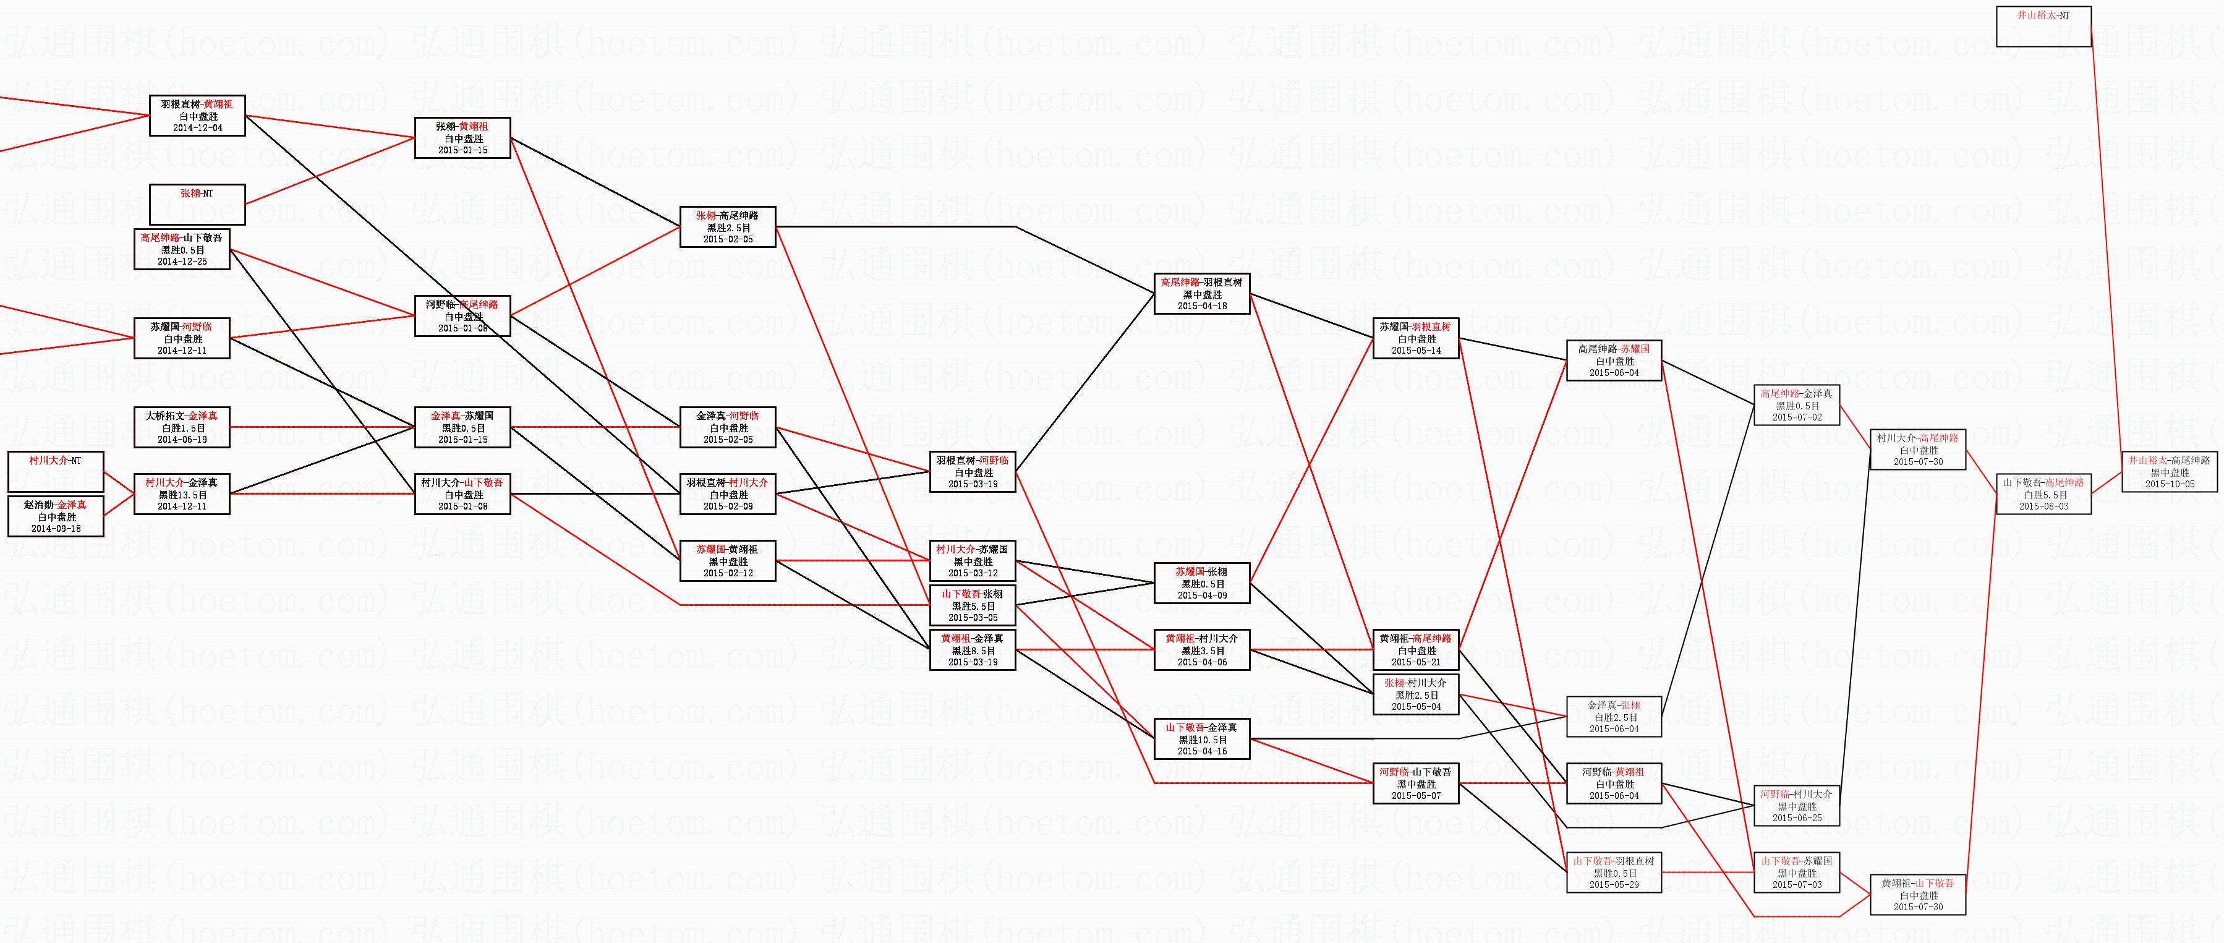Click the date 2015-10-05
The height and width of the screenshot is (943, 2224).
point(2169,484)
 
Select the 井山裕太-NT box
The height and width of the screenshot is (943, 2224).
point(2043,26)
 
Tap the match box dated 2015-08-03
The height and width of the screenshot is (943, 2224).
point(2043,494)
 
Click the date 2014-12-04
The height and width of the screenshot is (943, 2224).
point(198,128)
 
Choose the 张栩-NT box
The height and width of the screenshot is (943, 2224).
point(198,204)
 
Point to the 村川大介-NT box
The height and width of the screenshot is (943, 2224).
point(55,471)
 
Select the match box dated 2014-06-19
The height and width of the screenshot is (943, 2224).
point(182,427)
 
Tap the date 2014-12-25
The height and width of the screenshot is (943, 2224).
point(182,262)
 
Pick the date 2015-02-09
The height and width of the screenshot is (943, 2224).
point(728,506)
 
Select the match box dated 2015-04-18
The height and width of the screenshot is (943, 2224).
point(1202,294)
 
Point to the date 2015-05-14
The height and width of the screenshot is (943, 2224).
point(1416,351)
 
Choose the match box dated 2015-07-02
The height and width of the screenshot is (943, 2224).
point(1797,405)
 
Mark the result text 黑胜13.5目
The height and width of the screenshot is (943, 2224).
point(182,495)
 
